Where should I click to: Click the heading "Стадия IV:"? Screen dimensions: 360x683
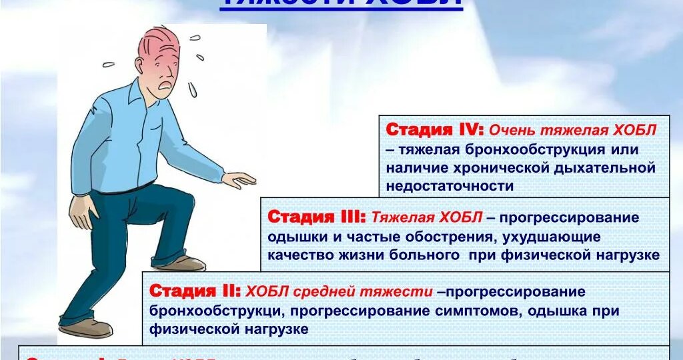pyautogui.click(x=435, y=130)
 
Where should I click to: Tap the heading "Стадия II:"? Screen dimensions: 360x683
pyautogui.click(x=195, y=291)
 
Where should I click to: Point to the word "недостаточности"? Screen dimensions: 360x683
pyautogui.click(x=450, y=187)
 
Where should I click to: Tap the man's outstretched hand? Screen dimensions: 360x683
pyautogui.click(x=239, y=179)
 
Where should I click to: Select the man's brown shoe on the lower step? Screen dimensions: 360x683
pyautogui.click(x=87, y=328)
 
